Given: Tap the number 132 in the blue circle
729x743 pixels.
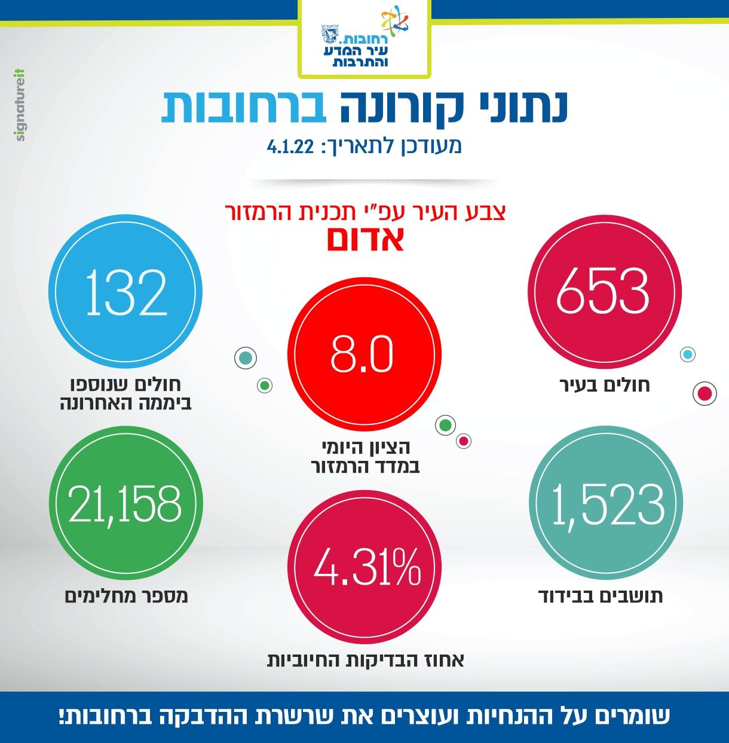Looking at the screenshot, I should [x=126, y=292].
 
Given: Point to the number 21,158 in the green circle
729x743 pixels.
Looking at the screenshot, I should [x=125, y=503].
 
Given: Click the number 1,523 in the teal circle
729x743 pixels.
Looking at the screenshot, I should [x=606, y=505].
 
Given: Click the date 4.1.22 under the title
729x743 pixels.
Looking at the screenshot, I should [x=291, y=146].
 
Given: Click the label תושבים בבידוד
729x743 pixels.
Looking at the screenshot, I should [x=601, y=596].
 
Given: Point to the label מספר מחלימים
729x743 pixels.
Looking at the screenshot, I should [x=126, y=596].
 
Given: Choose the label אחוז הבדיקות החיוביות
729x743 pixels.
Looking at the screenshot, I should [x=365, y=660].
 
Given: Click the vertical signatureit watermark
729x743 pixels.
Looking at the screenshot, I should [x=21, y=105].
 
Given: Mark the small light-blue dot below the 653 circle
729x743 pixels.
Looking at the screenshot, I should [x=688, y=354].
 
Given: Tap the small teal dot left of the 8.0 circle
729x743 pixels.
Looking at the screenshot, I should [x=245, y=358].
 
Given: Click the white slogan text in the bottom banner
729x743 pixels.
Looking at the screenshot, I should [x=364, y=716].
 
